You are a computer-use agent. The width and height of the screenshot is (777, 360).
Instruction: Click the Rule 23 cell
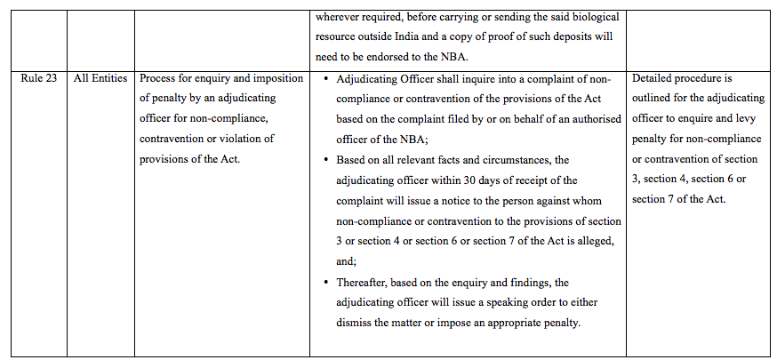39,79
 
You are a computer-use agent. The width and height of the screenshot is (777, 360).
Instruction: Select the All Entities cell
100,79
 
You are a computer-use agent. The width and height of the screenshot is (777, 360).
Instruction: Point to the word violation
250,139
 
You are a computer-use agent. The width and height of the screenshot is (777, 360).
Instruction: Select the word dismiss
356,323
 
